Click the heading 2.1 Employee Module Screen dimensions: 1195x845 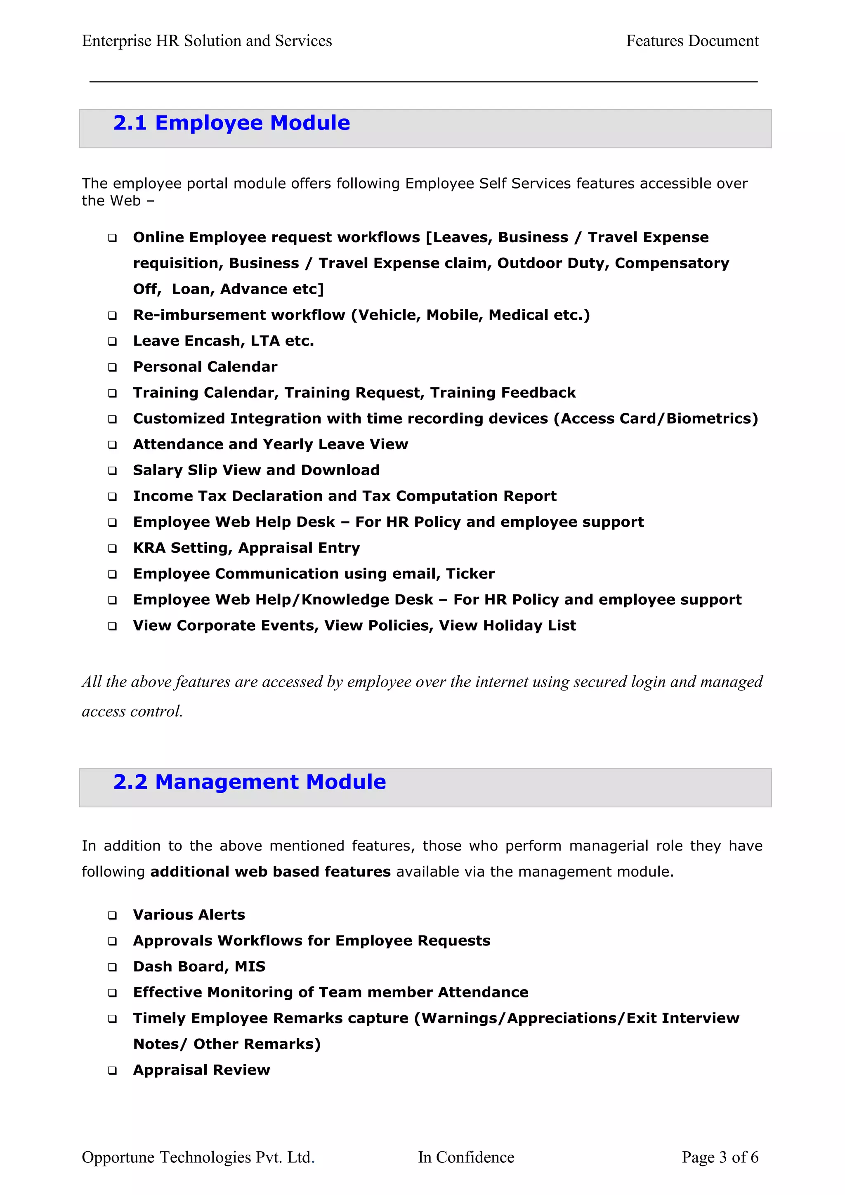point(231,123)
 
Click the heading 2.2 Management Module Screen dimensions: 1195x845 point(249,782)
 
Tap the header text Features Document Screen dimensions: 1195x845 point(692,41)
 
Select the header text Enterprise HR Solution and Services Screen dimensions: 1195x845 point(207,41)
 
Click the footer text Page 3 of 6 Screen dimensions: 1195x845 point(720,1157)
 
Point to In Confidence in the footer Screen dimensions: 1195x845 point(466,1157)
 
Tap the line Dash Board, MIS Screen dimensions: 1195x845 point(199,966)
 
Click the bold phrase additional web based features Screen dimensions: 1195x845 point(270,872)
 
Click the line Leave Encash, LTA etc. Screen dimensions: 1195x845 point(223,341)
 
